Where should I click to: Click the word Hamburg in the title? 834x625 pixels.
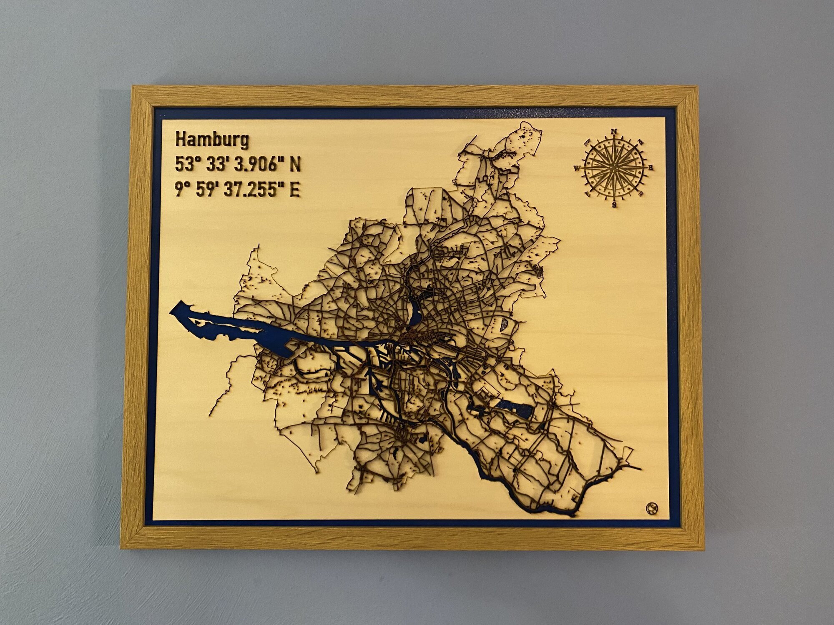coord(212,140)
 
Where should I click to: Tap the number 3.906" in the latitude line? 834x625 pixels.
coord(256,165)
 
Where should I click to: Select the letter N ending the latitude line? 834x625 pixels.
coord(295,165)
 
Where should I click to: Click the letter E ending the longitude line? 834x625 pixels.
coord(295,190)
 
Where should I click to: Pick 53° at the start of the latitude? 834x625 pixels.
coord(185,165)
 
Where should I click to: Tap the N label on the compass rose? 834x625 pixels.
coord(613,132)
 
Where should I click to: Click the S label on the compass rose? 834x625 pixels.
coord(614,205)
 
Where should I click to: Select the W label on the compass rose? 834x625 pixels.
coord(578,168)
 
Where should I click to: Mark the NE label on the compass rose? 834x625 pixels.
coord(641,142)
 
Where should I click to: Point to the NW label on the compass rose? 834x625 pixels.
coord(588,142)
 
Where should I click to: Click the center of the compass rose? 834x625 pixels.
coord(614,168)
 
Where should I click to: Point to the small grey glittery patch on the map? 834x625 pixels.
coord(504,324)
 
